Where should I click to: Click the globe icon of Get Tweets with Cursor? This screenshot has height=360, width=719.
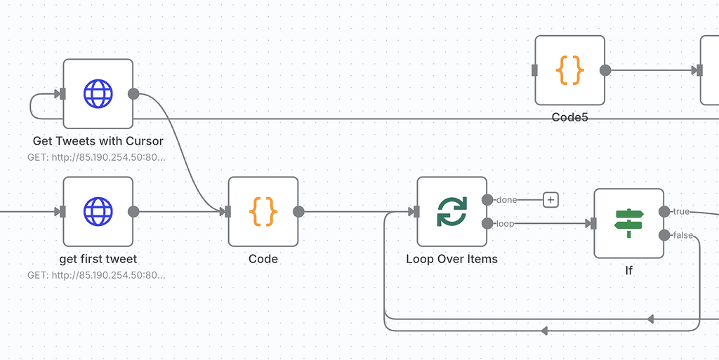pyautogui.click(x=98, y=93)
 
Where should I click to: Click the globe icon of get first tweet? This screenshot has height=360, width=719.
pyautogui.click(x=98, y=211)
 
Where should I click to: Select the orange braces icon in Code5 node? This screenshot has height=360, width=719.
pyautogui.click(x=569, y=70)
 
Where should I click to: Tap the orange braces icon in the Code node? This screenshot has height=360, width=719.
pyautogui.click(x=263, y=211)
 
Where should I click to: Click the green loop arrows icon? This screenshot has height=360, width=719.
pyautogui.click(x=451, y=211)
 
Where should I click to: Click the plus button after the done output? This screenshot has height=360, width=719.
pyautogui.click(x=551, y=200)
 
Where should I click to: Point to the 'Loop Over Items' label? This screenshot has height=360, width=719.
pyautogui.click(x=451, y=259)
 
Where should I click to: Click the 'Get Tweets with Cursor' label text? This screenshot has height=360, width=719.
pyautogui.click(x=98, y=141)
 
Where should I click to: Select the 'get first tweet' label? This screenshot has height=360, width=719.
pyautogui.click(x=98, y=259)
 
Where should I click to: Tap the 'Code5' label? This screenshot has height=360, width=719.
pyautogui.click(x=569, y=117)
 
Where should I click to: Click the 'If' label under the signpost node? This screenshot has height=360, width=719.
pyautogui.click(x=628, y=270)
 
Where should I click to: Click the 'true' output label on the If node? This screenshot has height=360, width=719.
pyautogui.click(x=681, y=211)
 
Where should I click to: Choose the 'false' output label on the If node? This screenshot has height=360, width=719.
pyautogui.click(x=682, y=235)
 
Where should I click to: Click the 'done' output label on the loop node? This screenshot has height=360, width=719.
pyautogui.click(x=506, y=200)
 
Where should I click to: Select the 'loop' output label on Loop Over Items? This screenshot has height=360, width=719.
pyautogui.click(x=506, y=223)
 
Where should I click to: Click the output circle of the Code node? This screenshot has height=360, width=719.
pyautogui.click(x=298, y=211)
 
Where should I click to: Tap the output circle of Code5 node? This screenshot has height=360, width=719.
pyautogui.click(x=605, y=70)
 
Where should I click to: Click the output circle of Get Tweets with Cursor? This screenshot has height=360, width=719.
pyautogui.click(x=133, y=93)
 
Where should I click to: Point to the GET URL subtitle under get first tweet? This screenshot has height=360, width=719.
pyautogui.click(x=96, y=275)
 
